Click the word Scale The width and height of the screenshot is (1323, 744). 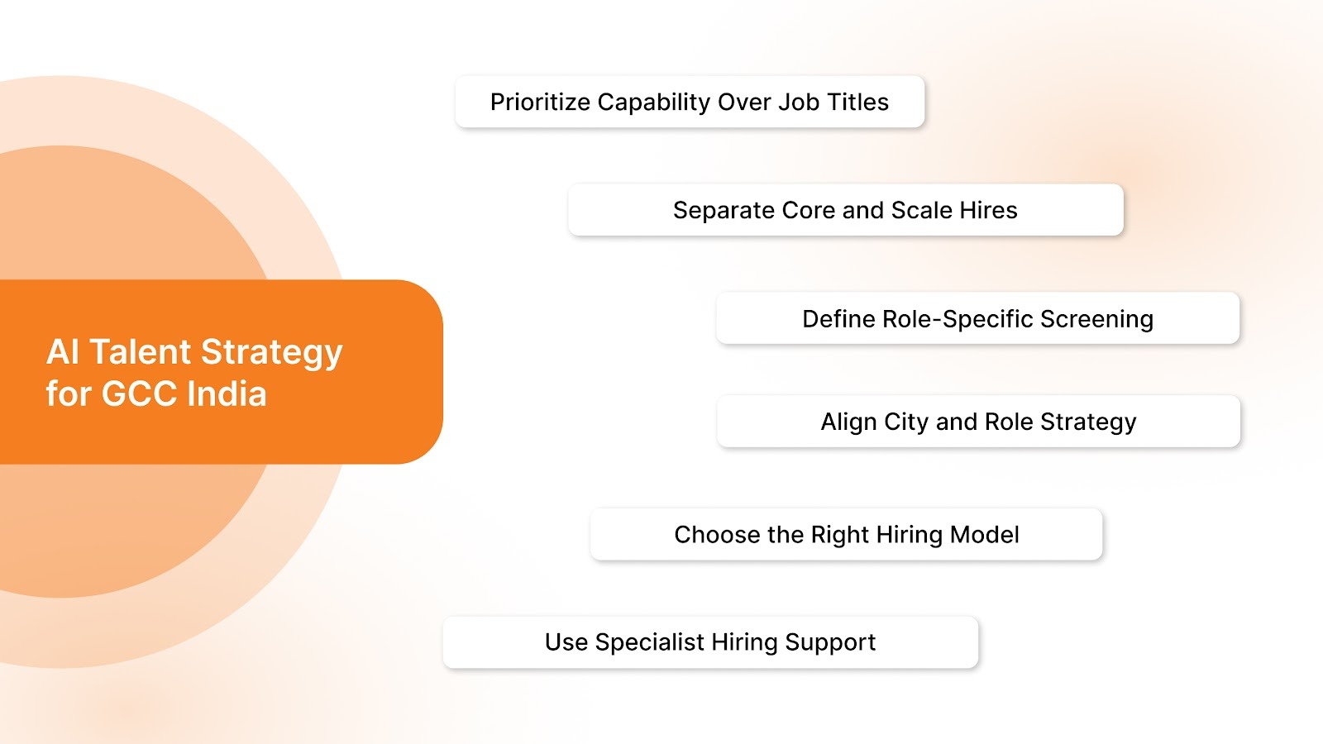click(921, 211)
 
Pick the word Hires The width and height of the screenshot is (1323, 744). click(988, 211)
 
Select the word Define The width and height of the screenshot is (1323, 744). click(838, 319)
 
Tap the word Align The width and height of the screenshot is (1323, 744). click(848, 422)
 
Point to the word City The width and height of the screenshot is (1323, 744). click(906, 422)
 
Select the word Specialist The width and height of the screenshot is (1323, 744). click(649, 642)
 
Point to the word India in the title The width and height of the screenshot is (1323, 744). click(227, 394)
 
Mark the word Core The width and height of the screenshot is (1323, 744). click(809, 211)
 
